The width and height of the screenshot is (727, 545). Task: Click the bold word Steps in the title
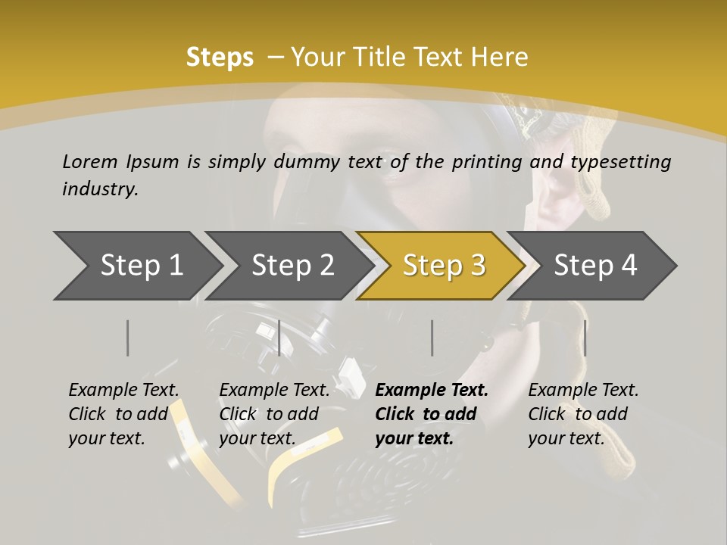click(220, 58)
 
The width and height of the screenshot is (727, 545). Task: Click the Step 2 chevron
click(292, 266)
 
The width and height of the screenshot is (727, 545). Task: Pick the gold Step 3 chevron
click(443, 266)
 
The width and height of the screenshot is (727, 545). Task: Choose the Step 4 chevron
click(595, 266)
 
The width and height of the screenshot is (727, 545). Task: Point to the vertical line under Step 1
click(128, 338)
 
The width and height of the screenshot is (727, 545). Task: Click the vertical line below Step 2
click(279, 338)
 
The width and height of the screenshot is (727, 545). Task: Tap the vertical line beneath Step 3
click(432, 338)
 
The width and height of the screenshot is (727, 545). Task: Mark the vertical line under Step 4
click(585, 338)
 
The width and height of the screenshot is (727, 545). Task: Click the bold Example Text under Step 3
click(432, 391)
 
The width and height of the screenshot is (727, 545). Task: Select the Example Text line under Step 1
click(123, 391)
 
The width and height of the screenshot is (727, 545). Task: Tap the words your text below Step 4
click(566, 438)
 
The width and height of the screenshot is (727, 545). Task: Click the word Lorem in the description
click(90, 162)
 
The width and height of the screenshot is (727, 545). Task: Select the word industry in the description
click(99, 189)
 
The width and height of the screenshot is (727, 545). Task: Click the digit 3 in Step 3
click(477, 266)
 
